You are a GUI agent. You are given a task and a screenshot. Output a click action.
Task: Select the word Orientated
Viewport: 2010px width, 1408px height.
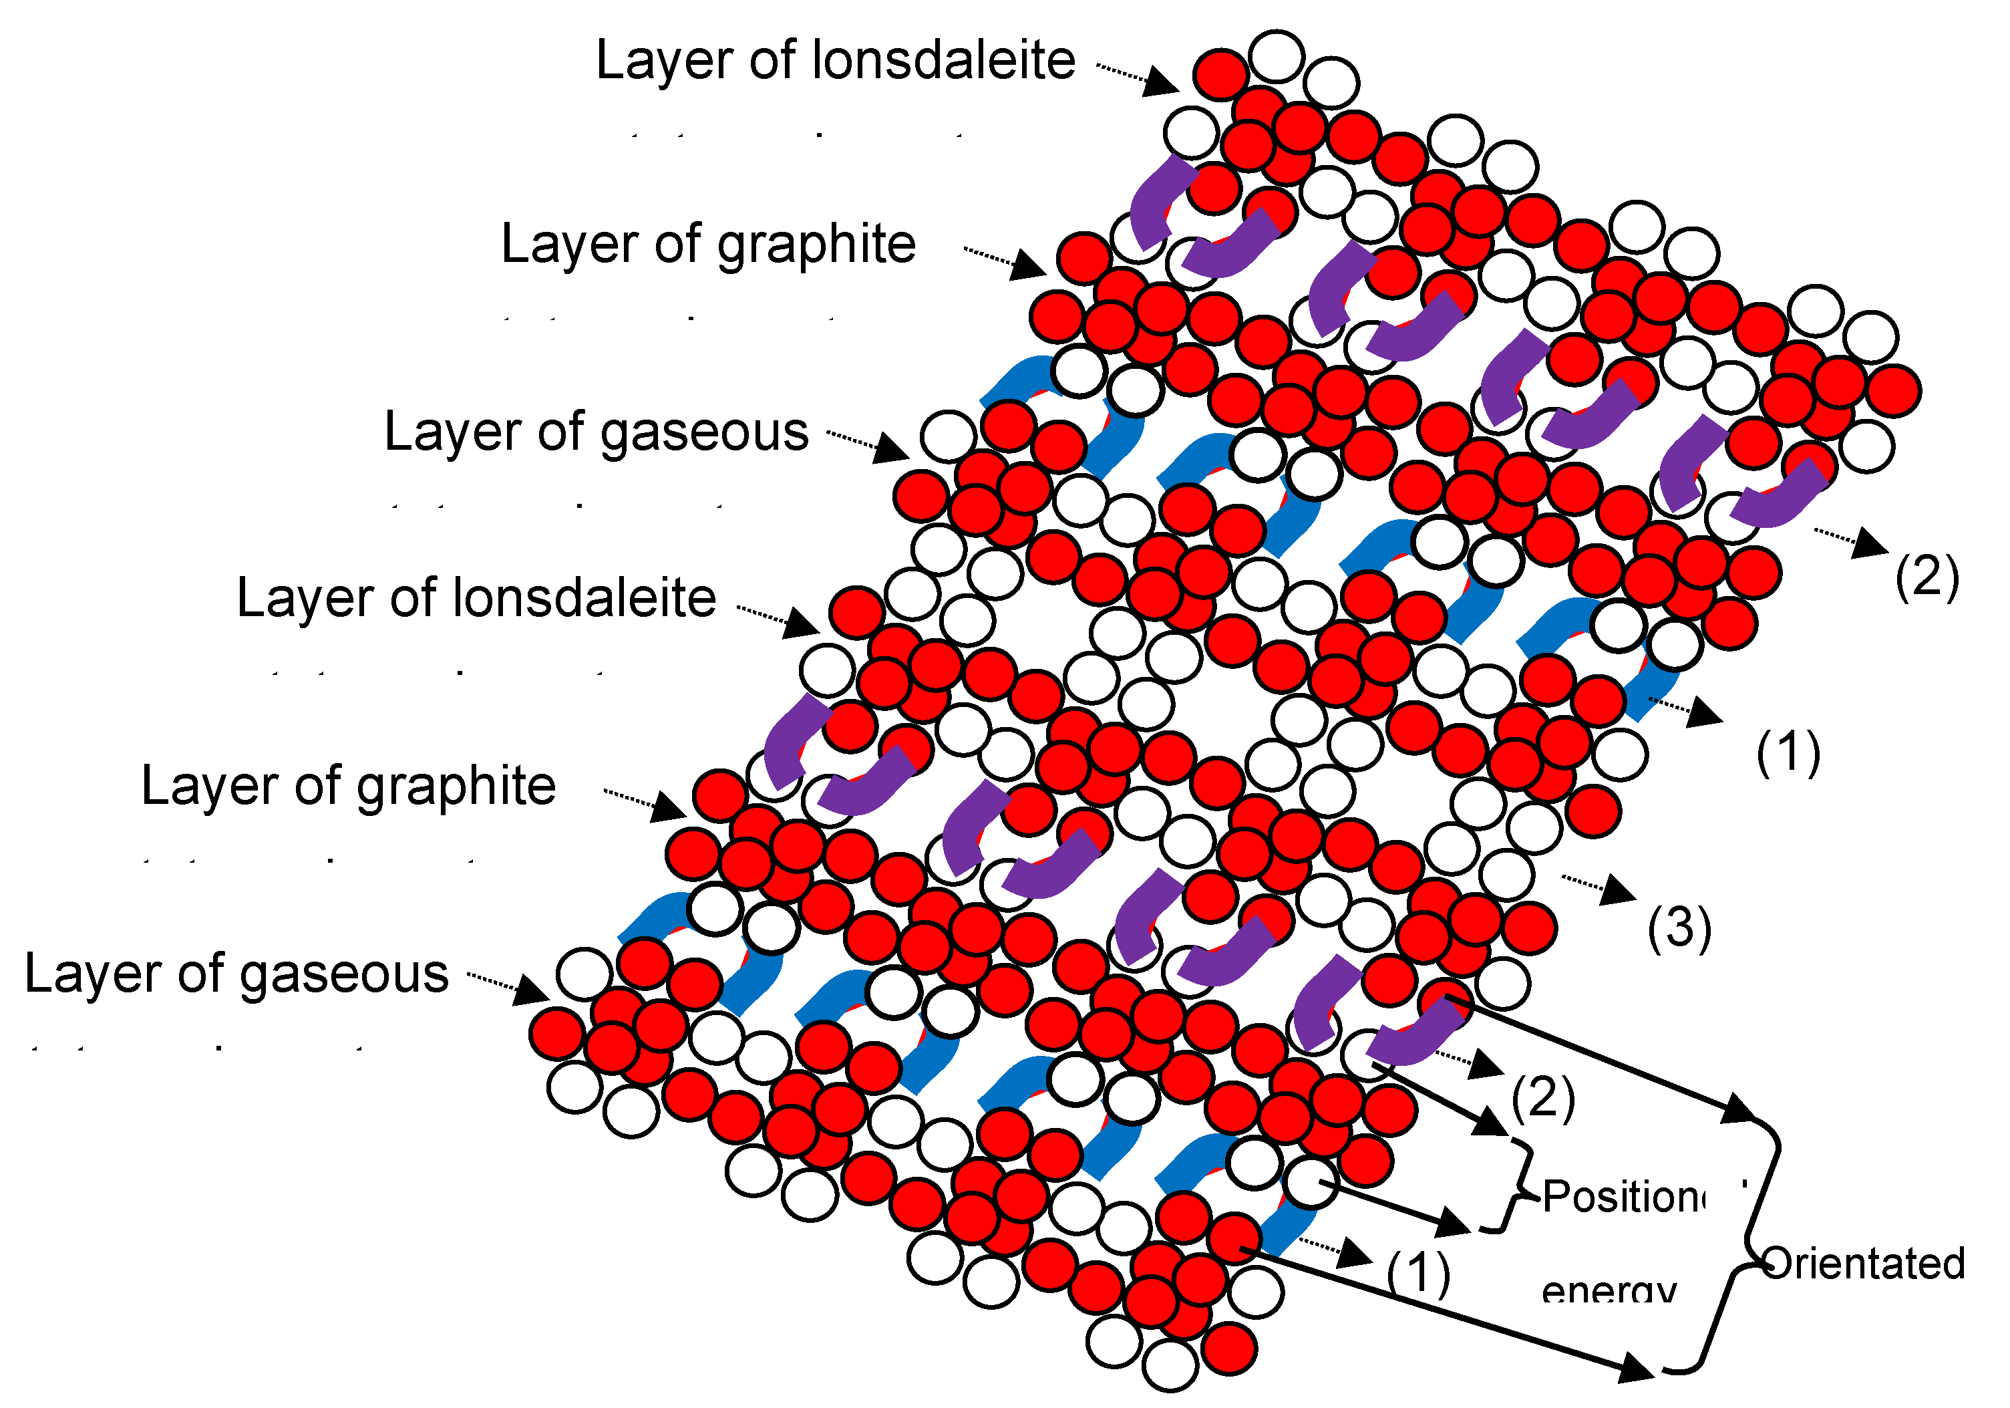1863,1264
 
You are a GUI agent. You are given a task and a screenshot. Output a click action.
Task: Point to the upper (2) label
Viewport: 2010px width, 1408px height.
1926,577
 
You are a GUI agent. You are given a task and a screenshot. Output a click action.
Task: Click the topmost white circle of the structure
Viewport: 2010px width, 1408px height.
1277,56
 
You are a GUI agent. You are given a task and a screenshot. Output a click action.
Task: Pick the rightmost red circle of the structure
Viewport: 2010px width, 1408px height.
1894,390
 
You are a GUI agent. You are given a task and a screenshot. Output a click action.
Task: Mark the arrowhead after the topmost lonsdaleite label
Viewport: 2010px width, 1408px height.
1162,82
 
